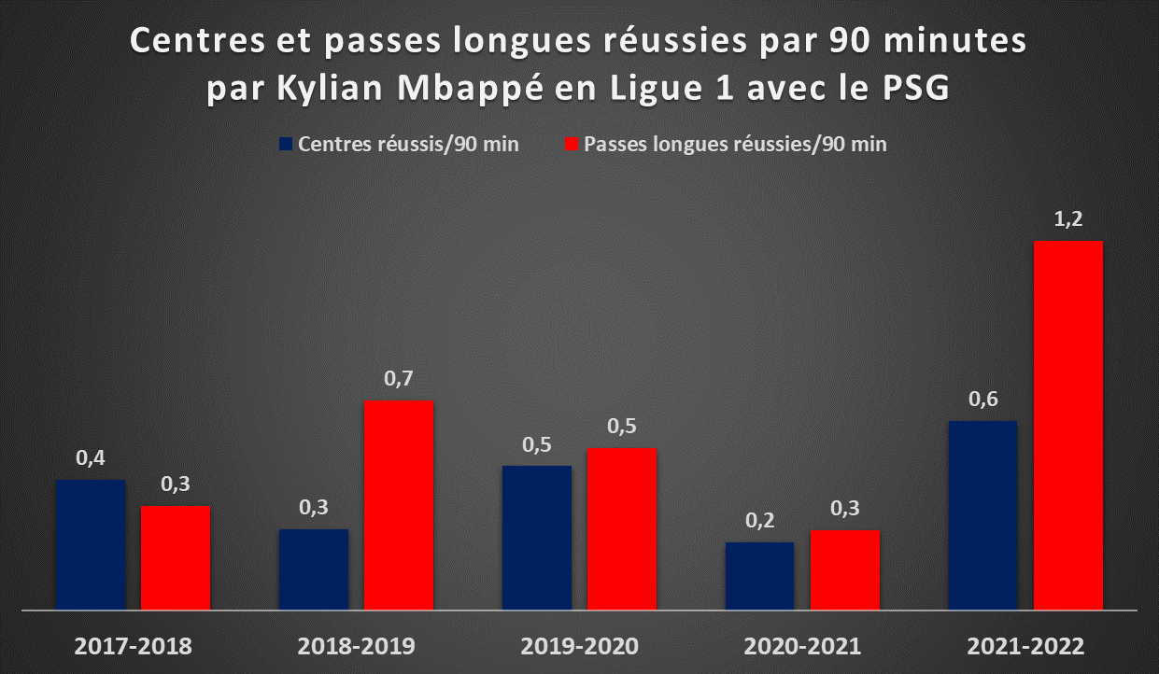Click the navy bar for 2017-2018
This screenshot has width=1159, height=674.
[x=91, y=544]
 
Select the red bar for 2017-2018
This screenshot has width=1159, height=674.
[x=176, y=557]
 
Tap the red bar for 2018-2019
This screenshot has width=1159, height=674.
[x=399, y=505]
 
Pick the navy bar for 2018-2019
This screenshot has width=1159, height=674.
[x=314, y=569]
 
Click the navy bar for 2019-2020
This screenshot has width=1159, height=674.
[x=537, y=538]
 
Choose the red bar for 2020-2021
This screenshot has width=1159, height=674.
[x=845, y=570]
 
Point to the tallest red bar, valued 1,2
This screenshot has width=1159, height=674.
[x=1067, y=425]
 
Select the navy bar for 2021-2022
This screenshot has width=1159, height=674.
[x=982, y=515]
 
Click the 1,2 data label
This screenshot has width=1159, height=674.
[x=1067, y=219]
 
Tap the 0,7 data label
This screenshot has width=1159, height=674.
[x=399, y=379]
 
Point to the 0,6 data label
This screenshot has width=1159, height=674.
[x=983, y=399]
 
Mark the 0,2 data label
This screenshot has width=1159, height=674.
[x=759, y=520]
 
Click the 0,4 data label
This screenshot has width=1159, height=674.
[x=91, y=457]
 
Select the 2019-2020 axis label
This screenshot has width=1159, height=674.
[x=579, y=646]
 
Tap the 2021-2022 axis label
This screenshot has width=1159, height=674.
[x=1025, y=646]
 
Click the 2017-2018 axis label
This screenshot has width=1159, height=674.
[x=133, y=646]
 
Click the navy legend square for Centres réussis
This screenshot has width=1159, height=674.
[x=286, y=144]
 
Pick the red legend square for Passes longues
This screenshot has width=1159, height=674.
[x=572, y=144]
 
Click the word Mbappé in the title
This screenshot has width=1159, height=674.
[x=470, y=88]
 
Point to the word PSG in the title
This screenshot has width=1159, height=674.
[x=916, y=87]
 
